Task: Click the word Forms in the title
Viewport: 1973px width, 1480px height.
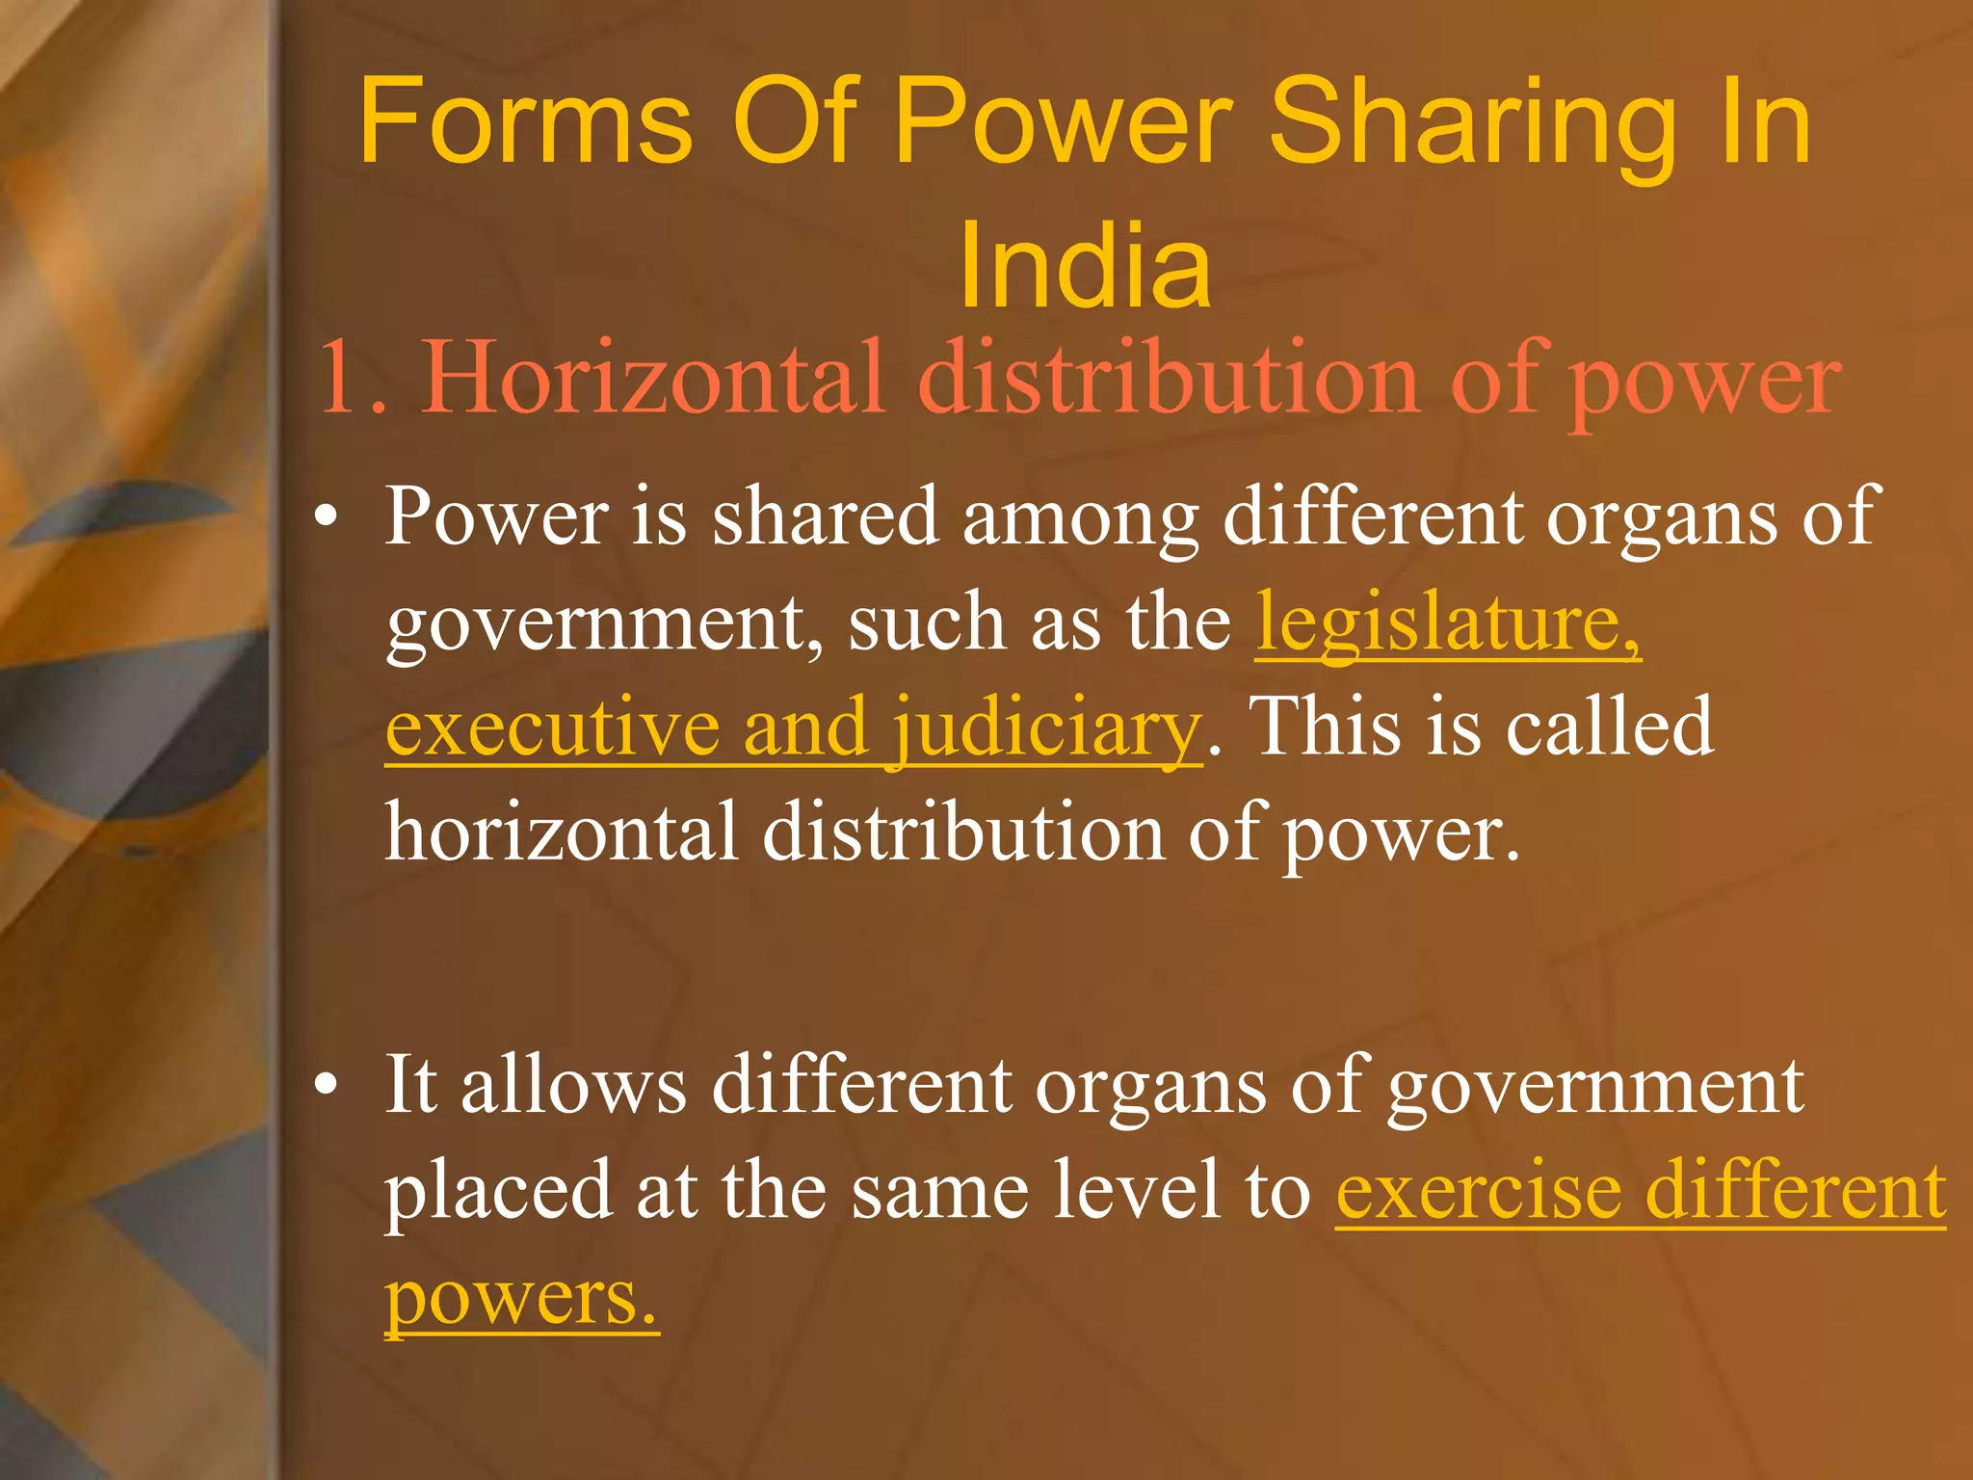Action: (525, 122)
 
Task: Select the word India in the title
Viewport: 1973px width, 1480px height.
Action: (1085, 265)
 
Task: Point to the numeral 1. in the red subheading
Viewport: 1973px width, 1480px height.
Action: (353, 378)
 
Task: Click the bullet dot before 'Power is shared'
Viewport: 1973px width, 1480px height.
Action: (327, 516)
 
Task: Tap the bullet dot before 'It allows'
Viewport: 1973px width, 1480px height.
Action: (327, 1085)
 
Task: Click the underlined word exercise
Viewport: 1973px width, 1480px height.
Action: (1478, 1191)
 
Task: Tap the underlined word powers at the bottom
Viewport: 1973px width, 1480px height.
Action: (521, 1299)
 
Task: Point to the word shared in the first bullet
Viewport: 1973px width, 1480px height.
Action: (825, 516)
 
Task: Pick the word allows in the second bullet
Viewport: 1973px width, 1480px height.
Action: (573, 1085)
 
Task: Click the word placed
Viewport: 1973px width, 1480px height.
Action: (497, 1193)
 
